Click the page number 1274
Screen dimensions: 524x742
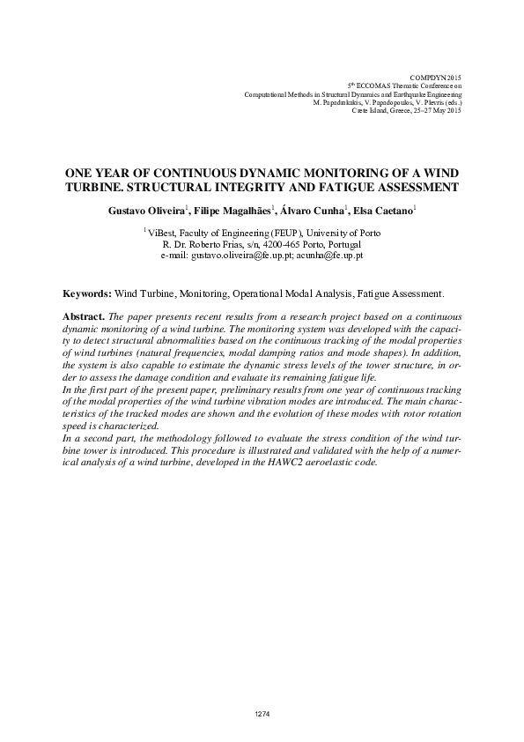tap(262, 713)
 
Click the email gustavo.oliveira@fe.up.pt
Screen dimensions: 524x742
tap(241, 255)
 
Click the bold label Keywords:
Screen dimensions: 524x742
tap(87, 292)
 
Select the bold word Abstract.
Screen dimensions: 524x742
tap(84, 315)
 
